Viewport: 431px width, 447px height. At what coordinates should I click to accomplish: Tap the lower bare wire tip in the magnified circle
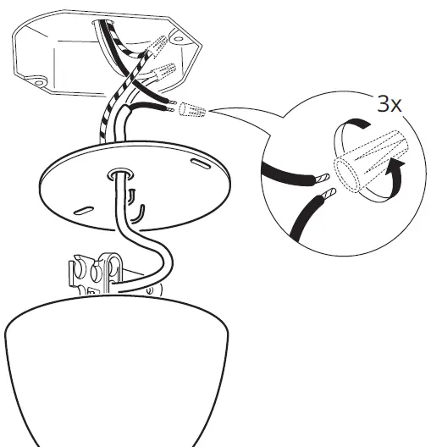pyautogui.click(x=329, y=195)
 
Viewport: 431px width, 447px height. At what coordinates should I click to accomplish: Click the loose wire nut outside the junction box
pyautogui.click(x=191, y=112)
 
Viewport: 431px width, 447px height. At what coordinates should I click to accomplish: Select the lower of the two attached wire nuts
pyautogui.click(x=162, y=75)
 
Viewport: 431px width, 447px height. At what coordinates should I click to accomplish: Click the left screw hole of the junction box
pyautogui.click(x=37, y=83)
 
